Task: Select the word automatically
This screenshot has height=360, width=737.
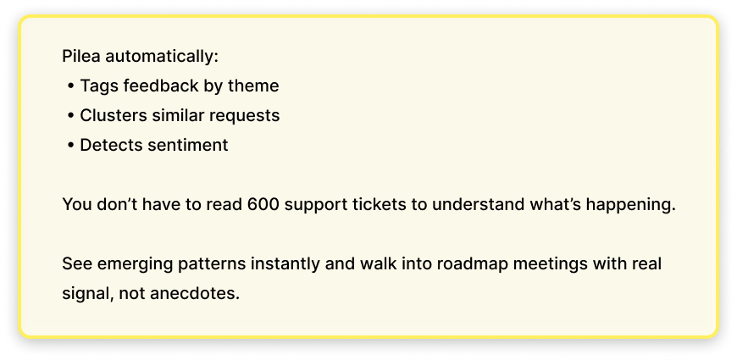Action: (163, 57)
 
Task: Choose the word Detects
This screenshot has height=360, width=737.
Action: (109, 145)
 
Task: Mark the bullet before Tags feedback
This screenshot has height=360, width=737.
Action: (70, 86)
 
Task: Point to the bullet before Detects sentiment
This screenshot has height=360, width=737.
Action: (70, 145)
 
